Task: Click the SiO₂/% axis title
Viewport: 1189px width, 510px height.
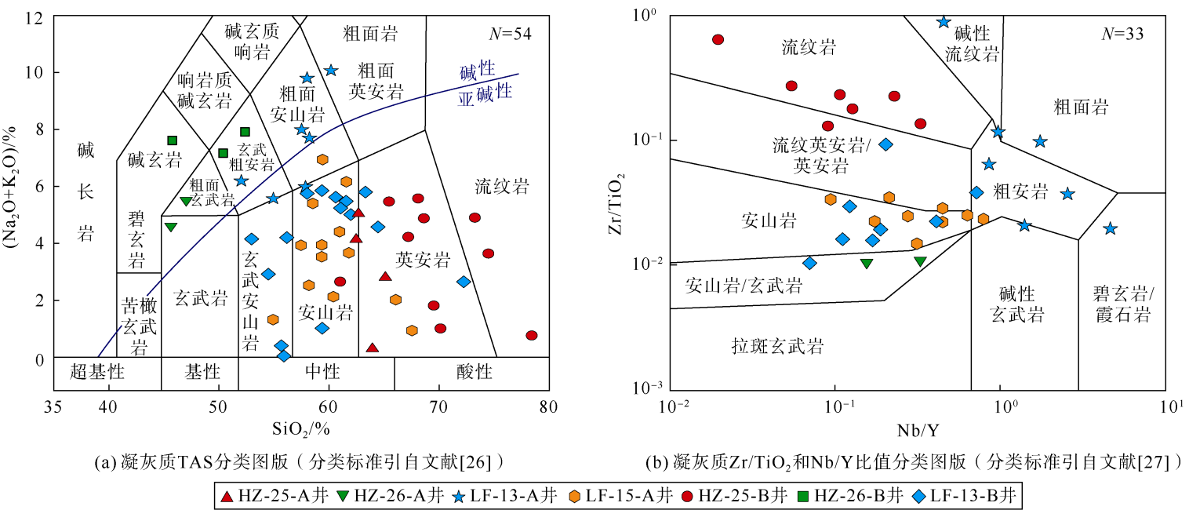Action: point(302,430)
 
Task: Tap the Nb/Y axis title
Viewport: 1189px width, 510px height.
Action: point(923,430)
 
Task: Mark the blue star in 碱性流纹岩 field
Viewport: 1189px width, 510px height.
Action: point(944,21)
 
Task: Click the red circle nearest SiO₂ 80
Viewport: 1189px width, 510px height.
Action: point(532,336)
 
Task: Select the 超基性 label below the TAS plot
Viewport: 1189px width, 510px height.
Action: point(96,370)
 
